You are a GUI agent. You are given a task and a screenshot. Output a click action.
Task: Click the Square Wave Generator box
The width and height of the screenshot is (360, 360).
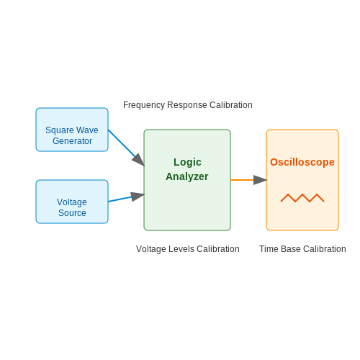click(x=72, y=130)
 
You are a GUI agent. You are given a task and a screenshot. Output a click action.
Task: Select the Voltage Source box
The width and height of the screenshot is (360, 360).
click(x=72, y=202)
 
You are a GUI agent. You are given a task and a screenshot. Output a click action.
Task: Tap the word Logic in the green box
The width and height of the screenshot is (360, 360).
click(x=187, y=163)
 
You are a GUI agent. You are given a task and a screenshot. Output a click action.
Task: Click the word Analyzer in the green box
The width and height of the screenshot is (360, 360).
click(x=187, y=177)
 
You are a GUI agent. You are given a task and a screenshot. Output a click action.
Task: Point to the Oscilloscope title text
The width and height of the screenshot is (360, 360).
click(x=302, y=162)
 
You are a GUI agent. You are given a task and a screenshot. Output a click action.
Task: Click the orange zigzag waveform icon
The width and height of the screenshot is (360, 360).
click(x=302, y=198)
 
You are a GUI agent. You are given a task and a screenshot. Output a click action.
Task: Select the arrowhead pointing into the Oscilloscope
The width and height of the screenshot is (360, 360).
click(x=260, y=180)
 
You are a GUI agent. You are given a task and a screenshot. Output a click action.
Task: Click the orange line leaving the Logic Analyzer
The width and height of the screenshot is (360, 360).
click(x=242, y=180)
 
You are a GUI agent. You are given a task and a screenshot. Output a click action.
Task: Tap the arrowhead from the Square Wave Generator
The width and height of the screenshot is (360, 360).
click(x=139, y=160)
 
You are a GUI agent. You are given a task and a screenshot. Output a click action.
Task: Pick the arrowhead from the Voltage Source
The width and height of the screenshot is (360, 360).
click(x=138, y=197)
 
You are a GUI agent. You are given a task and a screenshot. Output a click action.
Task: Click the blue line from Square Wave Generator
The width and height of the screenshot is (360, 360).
click(x=122, y=143)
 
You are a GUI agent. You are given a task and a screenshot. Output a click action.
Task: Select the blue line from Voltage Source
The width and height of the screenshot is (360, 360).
click(x=120, y=199)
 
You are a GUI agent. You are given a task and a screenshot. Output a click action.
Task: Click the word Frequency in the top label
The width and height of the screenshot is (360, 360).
click(x=144, y=105)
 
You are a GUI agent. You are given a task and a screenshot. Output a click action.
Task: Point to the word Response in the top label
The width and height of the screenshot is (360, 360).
click(x=187, y=105)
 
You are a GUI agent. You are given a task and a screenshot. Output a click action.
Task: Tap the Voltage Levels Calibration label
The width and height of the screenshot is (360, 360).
click(x=188, y=249)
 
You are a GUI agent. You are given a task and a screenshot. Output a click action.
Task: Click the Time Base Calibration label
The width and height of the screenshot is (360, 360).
click(x=302, y=249)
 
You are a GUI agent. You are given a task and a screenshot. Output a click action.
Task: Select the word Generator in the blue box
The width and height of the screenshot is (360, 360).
click(x=72, y=141)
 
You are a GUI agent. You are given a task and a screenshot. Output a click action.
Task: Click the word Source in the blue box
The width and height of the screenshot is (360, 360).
click(x=72, y=213)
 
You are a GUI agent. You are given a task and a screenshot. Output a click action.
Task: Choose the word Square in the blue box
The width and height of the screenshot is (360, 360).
click(x=60, y=130)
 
